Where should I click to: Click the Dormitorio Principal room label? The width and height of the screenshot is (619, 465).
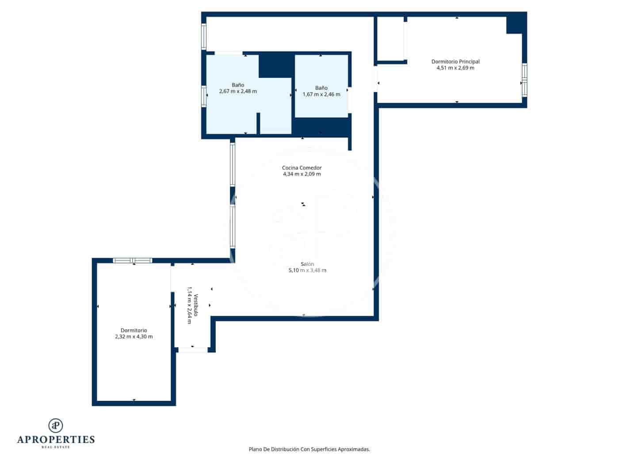coord(455,62)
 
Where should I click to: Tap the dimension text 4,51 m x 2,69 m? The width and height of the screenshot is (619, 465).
coord(455,68)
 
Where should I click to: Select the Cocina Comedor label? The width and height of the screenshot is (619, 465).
coord(302,168)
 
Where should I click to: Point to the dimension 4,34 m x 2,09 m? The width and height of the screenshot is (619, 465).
coord(302,174)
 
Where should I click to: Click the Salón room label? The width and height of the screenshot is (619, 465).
coord(307,264)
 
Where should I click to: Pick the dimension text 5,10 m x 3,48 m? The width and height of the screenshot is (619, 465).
coord(307,270)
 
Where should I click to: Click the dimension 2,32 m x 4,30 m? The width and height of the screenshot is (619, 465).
coord(134,337)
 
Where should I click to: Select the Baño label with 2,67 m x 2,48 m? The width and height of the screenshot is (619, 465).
coord(238,85)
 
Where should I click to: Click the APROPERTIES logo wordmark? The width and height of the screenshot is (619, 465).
coord(56,439)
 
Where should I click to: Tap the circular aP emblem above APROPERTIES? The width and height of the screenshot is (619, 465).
coord(56,425)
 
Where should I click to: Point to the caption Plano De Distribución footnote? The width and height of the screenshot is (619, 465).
coord(309,449)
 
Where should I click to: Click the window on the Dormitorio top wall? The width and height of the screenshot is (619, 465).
coord(133,260)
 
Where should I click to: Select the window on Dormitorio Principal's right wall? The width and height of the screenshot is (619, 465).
coord(524,80)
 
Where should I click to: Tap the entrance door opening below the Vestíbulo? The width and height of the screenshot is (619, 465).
coord(193,350)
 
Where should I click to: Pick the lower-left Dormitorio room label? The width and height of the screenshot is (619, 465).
coord(134,330)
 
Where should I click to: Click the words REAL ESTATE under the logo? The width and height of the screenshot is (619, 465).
coord(56,447)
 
